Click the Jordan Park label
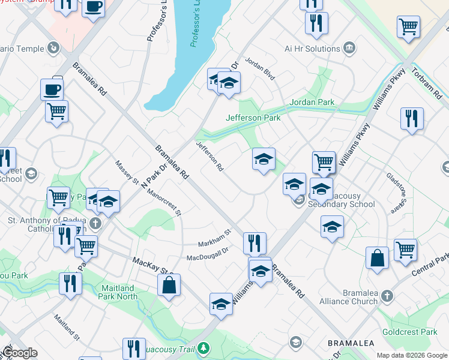coord(312,102)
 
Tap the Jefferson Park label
coord(253,118)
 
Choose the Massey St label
coord(127,173)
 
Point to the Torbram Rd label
coord(427,83)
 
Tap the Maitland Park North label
coord(127,292)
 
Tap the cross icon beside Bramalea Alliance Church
coord(387,296)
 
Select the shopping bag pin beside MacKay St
coord(169,284)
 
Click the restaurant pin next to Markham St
coord(255,242)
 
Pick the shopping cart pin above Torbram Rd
coord(408,25)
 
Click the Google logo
coord(20,353)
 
